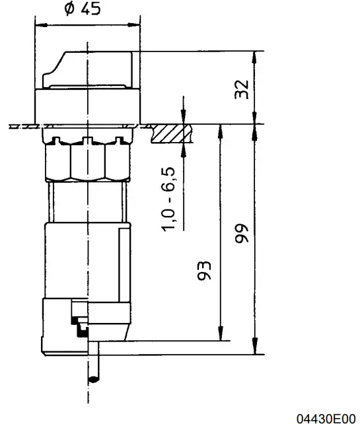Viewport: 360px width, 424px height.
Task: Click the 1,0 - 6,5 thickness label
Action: click(x=169, y=198)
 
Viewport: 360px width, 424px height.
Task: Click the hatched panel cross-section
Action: click(x=170, y=135)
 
